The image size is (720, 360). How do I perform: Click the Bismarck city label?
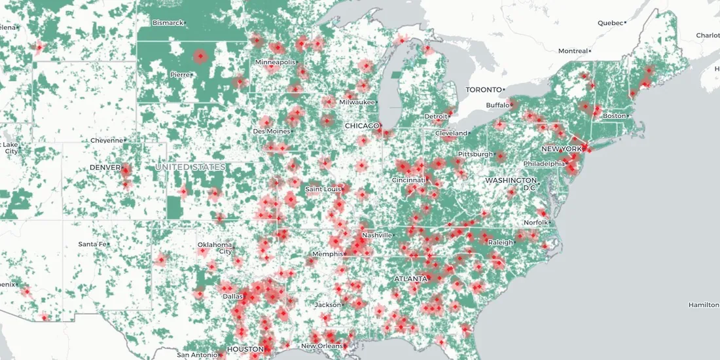coord(167,23)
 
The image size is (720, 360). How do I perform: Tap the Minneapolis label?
coord(275,62)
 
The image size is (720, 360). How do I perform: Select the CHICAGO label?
coord(362,126)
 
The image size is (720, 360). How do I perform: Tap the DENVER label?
coord(105,168)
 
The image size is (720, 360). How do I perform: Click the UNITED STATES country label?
coord(190,168)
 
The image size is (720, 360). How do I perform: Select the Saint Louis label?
coord(323,189)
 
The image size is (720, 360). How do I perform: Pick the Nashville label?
coord(378,235)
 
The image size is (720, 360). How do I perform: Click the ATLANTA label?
coord(410,279)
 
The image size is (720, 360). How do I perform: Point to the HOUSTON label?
coord(245,350)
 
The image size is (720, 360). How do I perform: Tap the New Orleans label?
coord(322,346)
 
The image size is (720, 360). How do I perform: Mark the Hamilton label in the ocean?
coord(703,305)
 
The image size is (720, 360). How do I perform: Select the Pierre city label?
coord(180,75)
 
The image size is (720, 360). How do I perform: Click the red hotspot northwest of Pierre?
coord(200,57)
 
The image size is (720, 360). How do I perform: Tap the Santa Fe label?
coord(92,244)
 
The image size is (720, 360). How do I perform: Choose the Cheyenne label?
coord(106,140)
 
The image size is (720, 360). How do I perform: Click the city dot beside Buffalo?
coord(512,105)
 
